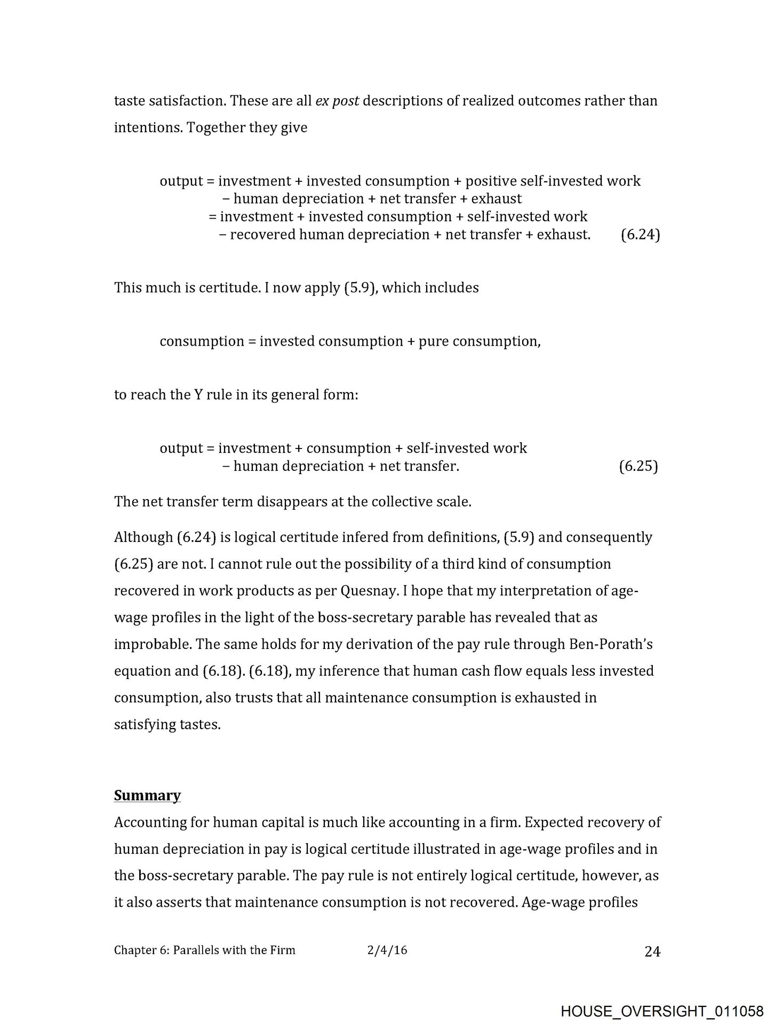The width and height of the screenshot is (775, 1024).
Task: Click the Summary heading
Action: (147, 795)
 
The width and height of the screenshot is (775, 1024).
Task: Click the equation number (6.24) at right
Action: (640, 235)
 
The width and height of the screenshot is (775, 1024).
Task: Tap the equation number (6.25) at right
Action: (638, 466)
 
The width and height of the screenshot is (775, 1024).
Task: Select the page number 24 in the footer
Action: (652, 951)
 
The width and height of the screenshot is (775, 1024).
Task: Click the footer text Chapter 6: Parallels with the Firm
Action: (204, 950)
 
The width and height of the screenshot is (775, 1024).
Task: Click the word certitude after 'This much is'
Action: (229, 288)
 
